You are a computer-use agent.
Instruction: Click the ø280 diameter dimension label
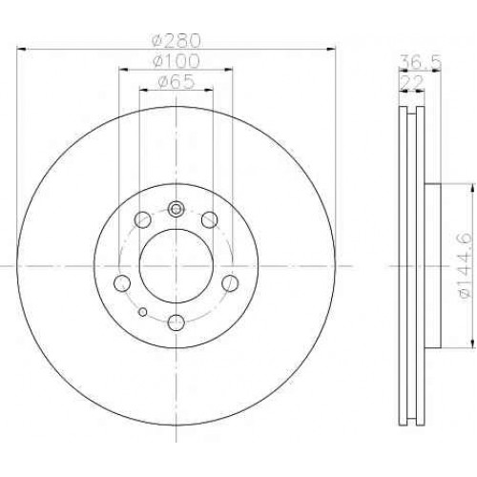click(176, 40)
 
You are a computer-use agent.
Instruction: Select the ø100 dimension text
click(176, 61)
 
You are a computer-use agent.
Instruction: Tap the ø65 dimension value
click(176, 82)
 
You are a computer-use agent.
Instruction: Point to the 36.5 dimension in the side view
click(420, 62)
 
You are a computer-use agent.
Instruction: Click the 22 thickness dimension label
click(412, 82)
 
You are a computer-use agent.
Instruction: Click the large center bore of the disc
click(176, 266)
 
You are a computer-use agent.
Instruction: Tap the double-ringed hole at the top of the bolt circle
click(176, 209)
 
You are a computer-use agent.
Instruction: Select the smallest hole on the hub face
click(143, 312)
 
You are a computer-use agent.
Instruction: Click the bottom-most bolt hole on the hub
click(176, 322)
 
